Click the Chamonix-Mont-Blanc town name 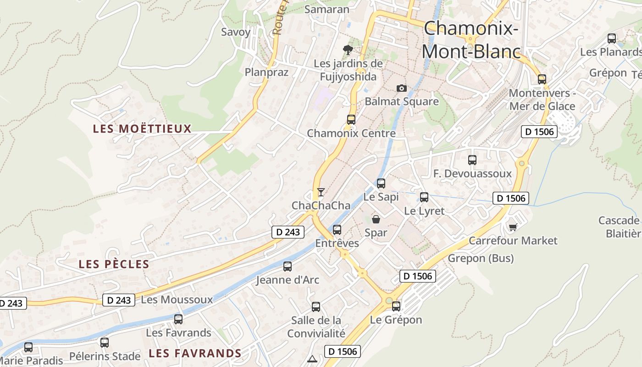471,40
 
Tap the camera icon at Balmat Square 402,88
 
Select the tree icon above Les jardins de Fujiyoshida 348,50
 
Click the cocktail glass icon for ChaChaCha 321,192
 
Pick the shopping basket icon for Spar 376,219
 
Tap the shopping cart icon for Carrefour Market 513,227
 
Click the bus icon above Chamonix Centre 351,120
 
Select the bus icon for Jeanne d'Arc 288,266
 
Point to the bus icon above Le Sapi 381,183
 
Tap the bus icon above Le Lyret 424,197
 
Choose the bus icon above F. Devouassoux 472,160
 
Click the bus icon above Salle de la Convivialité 316,307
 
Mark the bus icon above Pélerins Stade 105,342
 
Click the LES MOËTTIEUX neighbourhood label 142,129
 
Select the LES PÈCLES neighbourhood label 114,264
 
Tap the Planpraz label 266,72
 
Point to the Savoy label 236,32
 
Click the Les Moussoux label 177,300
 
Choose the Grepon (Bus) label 481,258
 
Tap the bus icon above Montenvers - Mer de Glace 542,79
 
